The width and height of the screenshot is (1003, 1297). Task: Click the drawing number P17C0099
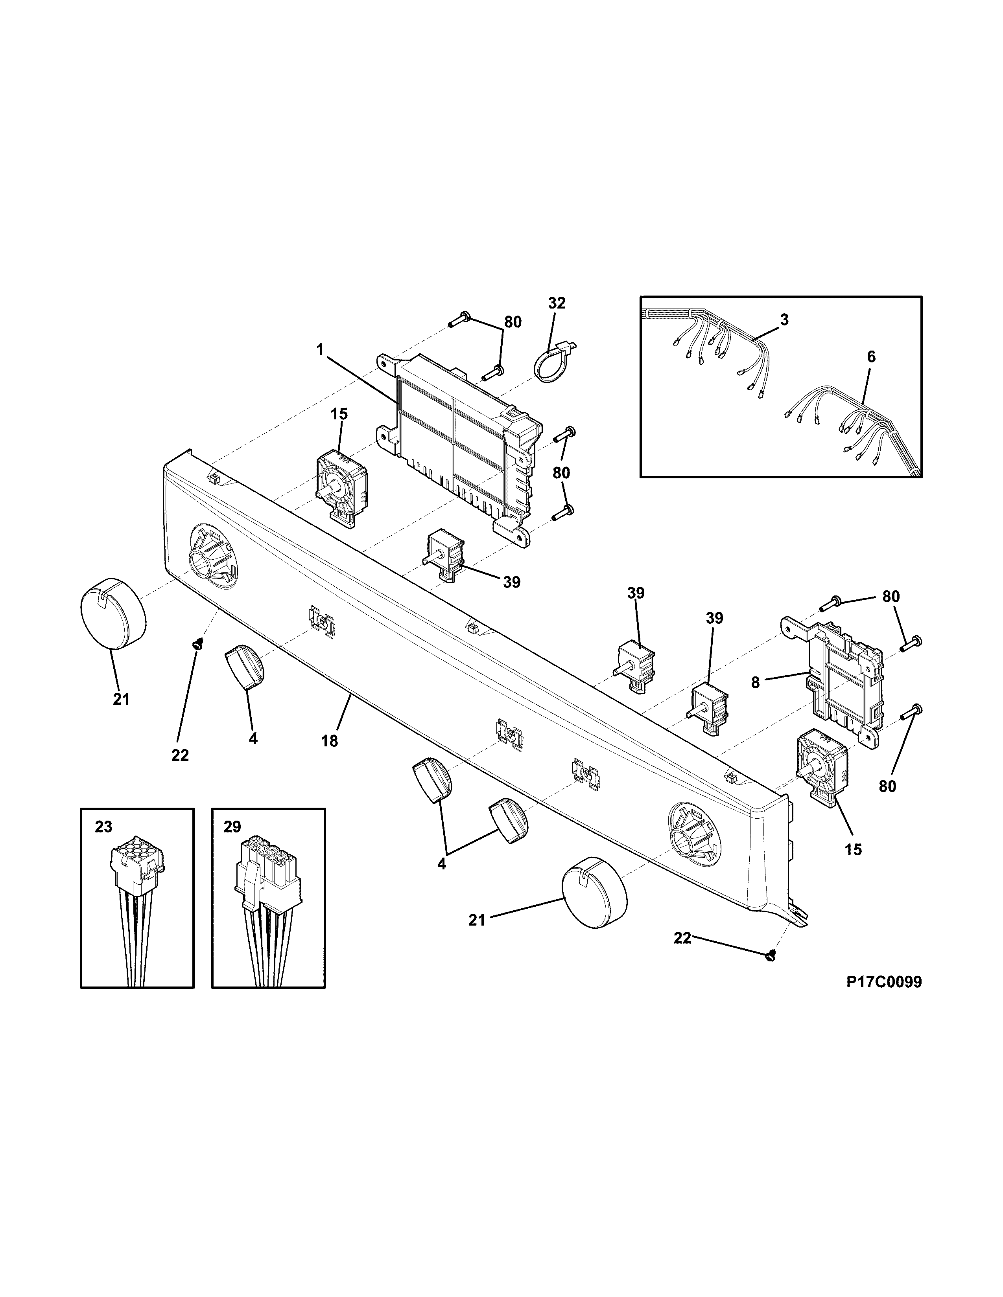tap(884, 982)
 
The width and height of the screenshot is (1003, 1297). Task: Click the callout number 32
tap(557, 303)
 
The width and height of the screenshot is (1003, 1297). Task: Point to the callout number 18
tap(329, 741)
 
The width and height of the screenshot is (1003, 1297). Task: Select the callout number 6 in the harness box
tap(871, 357)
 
